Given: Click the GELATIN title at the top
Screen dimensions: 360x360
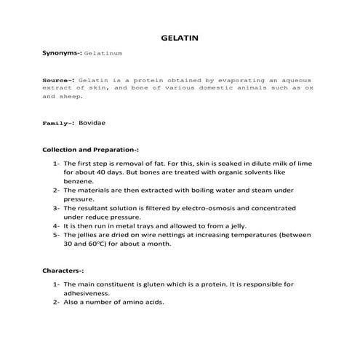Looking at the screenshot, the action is [179, 37].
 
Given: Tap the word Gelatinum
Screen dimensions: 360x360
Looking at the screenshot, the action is [103, 54].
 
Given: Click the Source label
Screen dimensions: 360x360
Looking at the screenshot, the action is [57, 79].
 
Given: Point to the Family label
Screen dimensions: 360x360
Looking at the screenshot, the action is [57, 124].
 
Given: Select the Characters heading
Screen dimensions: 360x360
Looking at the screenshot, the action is [63, 270].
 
